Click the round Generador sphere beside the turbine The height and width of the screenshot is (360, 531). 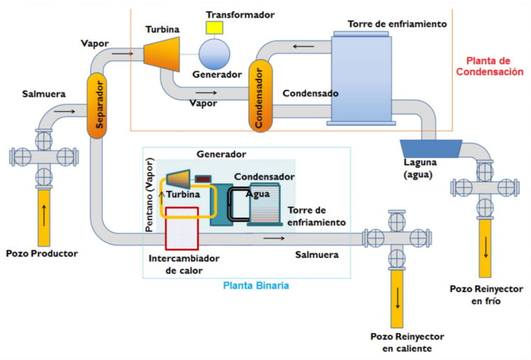[x=218, y=53]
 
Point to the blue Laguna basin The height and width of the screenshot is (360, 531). [x=430, y=147]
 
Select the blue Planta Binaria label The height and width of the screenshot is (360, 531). [x=255, y=285]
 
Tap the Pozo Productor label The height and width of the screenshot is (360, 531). [x=41, y=252]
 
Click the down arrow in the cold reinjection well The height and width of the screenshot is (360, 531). [x=485, y=245]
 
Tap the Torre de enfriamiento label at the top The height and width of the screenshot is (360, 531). [x=397, y=24]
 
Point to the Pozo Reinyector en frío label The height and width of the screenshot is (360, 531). [x=486, y=294]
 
